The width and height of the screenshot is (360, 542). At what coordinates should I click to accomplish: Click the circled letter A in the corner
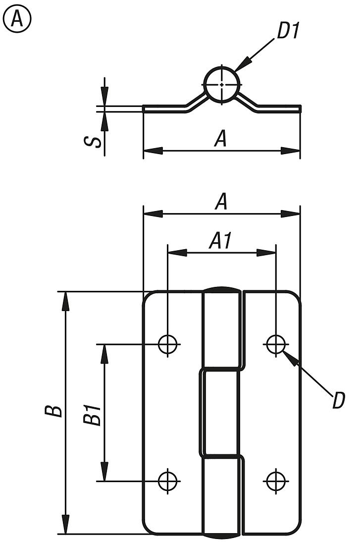17,19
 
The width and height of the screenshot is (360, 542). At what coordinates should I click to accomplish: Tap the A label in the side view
221,139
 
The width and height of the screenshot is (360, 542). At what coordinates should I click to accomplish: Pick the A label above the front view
221,202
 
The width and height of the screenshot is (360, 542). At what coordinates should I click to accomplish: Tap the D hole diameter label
338,400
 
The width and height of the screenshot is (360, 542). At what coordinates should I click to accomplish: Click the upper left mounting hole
168,343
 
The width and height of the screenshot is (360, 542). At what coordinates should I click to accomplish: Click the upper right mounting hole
275,343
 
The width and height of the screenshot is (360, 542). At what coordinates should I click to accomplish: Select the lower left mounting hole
168,480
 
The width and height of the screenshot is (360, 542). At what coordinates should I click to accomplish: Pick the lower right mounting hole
275,480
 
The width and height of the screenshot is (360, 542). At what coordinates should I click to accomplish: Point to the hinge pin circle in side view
222,84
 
